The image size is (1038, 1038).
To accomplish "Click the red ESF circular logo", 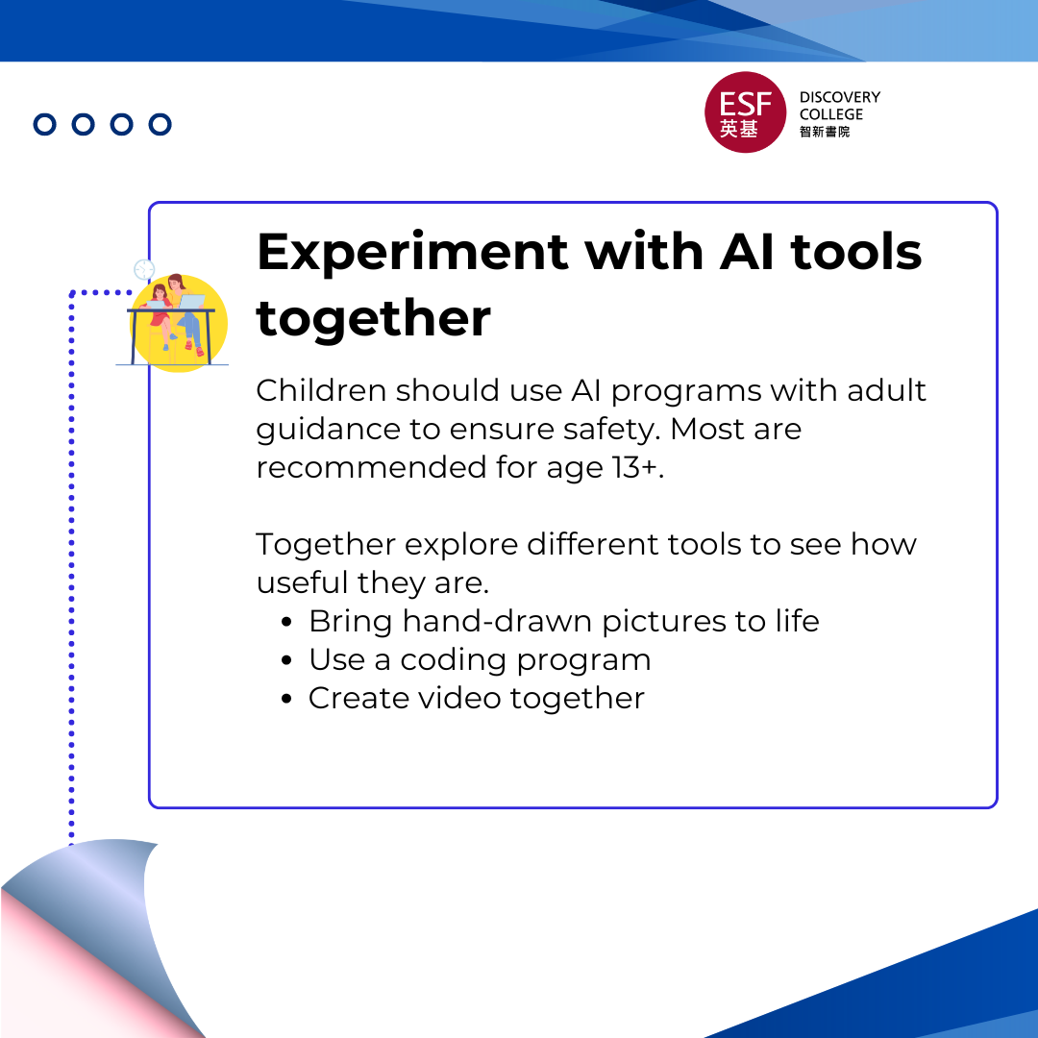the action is (x=745, y=111).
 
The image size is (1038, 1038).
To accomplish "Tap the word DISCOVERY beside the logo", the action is (x=839, y=97).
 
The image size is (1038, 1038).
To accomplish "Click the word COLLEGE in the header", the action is (x=830, y=114).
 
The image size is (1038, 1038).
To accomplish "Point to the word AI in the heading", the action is (x=747, y=252).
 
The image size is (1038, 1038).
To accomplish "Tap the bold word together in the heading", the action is (x=373, y=318).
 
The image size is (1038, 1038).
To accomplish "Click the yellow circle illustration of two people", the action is (x=178, y=323).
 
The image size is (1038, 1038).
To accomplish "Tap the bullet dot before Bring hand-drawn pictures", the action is (x=286, y=622).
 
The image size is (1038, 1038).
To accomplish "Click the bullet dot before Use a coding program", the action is (x=286, y=660).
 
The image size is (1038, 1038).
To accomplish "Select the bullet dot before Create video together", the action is (x=286, y=699).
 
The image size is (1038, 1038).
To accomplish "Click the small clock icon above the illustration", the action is (x=144, y=269).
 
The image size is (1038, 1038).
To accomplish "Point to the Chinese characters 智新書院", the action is (x=825, y=132).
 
